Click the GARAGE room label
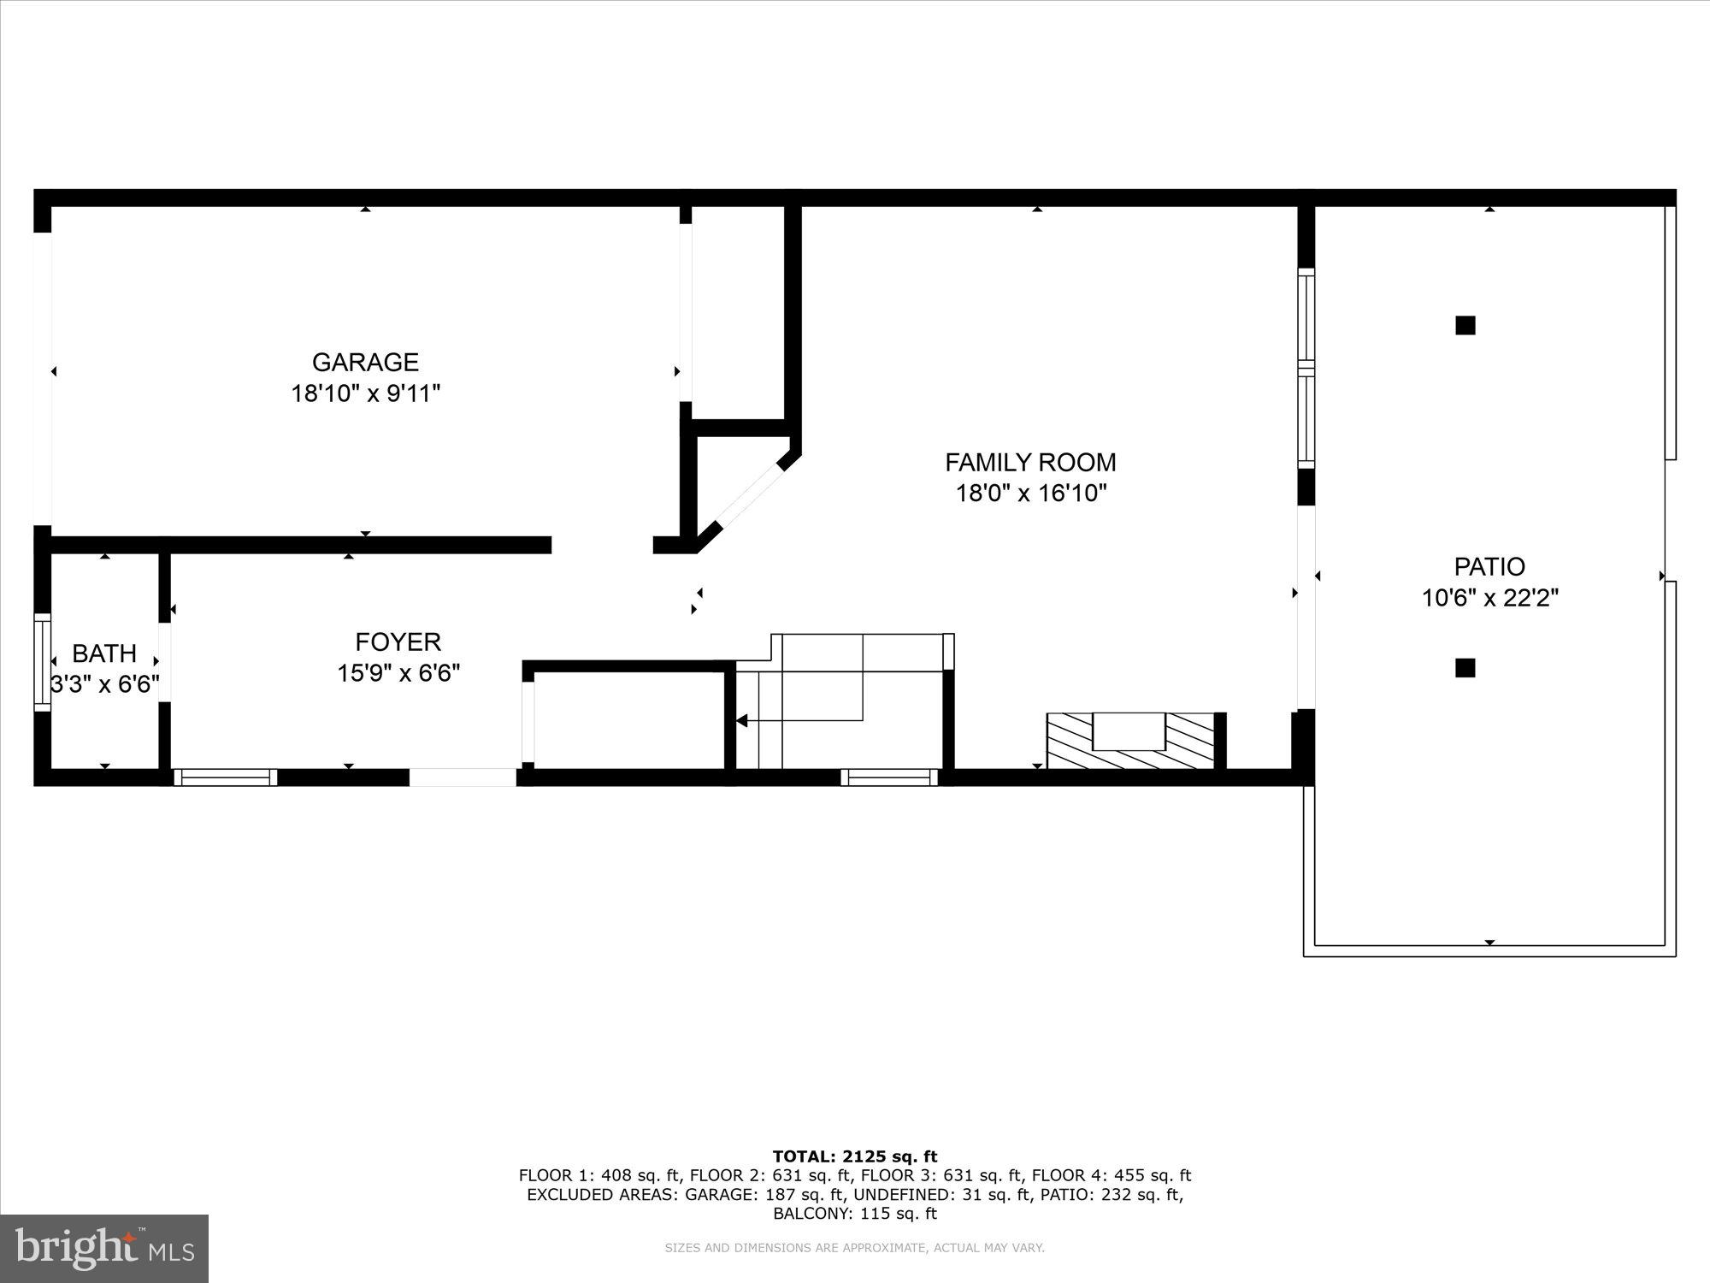click(365, 363)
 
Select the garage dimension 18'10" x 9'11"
click(365, 393)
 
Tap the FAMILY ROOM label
click(1030, 463)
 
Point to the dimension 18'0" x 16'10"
click(1030, 494)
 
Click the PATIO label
click(1489, 566)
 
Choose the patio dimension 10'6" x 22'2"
click(1489, 598)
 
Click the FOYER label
click(398, 641)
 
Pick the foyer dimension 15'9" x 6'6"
click(398, 673)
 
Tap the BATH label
click(104, 653)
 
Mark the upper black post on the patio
click(1465, 325)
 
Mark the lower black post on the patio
click(1465, 668)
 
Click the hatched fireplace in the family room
click(1129, 742)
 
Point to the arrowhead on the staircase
click(741, 721)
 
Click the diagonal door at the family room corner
click(750, 495)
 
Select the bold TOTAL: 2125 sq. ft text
click(855, 1156)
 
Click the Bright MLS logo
click(104, 1249)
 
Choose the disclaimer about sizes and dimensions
click(855, 1248)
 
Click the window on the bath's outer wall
click(42, 661)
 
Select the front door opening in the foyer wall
click(463, 777)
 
